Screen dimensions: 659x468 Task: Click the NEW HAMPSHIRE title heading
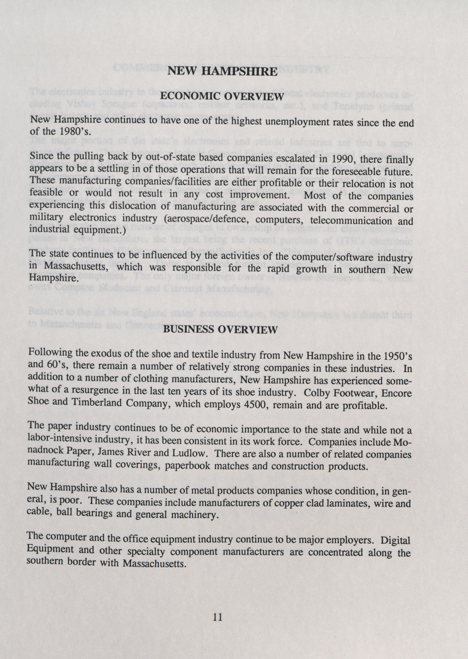[222, 71]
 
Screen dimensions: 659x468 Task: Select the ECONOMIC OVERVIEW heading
[222, 96]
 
